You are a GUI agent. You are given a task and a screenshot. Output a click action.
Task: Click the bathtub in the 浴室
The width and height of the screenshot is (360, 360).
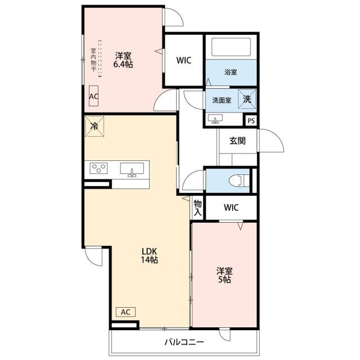click(231, 47)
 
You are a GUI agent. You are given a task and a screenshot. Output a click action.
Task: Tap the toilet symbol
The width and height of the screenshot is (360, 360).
click(239, 181)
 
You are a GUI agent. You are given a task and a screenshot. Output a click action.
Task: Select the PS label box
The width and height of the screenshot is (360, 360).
click(251, 120)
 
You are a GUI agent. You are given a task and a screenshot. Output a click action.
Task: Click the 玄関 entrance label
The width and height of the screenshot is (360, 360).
click(237, 141)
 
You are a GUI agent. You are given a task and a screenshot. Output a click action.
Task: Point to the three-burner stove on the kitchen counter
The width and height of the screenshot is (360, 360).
click(98, 168)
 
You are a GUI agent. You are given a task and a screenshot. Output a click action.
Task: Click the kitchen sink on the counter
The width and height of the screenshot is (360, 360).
click(132, 169)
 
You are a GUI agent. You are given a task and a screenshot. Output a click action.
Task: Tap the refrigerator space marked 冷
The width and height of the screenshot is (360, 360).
click(94, 126)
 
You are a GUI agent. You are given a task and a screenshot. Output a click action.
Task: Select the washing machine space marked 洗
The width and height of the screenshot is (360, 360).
click(247, 99)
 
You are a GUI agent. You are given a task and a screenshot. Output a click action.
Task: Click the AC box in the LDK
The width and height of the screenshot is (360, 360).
click(125, 312)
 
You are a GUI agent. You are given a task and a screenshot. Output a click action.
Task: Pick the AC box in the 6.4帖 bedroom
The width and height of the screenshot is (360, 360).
click(94, 96)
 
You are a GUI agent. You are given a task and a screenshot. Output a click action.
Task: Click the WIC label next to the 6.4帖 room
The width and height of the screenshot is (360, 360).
click(184, 60)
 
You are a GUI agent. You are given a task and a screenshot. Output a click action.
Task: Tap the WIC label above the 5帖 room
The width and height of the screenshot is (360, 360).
click(231, 208)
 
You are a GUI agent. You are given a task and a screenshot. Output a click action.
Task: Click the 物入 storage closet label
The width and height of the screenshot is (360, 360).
click(197, 208)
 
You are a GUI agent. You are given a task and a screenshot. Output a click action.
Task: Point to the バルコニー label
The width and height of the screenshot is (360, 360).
click(184, 343)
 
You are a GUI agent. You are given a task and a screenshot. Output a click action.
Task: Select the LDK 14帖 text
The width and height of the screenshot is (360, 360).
click(149, 255)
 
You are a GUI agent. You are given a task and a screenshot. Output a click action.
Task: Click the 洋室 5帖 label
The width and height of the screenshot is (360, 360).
click(224, 275)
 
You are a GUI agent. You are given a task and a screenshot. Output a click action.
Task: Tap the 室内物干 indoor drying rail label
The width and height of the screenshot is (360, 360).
click(93, 60)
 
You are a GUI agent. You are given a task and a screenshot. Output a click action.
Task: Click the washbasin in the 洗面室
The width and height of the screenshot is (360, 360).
click(215, 119)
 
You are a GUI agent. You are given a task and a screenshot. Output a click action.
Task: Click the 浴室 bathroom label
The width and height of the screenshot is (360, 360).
click(231, 72)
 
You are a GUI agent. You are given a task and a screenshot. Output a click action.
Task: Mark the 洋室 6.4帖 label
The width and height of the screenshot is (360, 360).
click(123, 60)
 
